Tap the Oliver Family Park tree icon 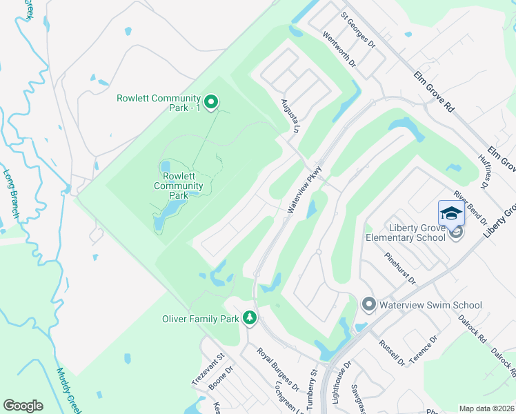(x=249, y=318)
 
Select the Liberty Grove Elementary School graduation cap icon (x=451, y=213)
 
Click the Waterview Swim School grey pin (x=368, y=304)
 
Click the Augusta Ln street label (x=288, y=118)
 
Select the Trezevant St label (x=209, y=370)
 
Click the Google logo (x=23, y=406)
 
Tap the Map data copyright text (x=487, y=408)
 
